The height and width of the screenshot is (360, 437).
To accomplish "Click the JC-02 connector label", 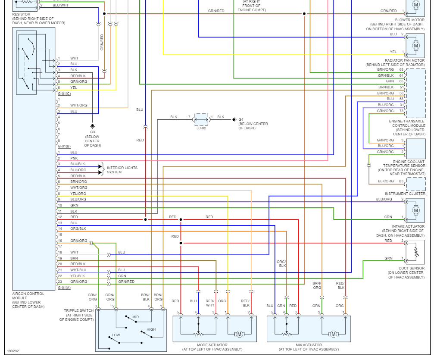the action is tap(201, 128).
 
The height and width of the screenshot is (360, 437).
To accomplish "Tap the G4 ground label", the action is tap(241, 119).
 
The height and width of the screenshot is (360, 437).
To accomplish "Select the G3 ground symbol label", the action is tap(93, 132).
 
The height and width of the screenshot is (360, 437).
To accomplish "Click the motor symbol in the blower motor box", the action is tap(416, 5).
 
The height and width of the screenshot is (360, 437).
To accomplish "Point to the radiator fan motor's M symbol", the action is tap(416, 46).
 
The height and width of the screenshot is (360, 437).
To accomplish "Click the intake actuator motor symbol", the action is tap(416, 210).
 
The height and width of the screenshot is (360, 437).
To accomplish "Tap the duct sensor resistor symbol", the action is tap(416, 252).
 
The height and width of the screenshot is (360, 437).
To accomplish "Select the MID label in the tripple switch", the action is tap(135, 317).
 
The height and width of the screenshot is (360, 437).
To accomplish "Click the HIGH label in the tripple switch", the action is tap(151, 329).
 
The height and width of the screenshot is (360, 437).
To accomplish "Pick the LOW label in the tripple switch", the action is tap(116, 335).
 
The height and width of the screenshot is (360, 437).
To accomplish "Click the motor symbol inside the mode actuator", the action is tap(239, 334).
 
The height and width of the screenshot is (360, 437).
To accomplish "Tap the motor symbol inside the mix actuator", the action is tap(333, 334).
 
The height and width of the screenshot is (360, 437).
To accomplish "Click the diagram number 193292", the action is tap(13, 351).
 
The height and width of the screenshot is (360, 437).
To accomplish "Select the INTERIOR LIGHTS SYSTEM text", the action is tap(122, 170).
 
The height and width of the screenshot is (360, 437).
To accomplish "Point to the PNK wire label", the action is tap(74, 158).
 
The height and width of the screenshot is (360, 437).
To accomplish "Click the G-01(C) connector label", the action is tap(64, 94).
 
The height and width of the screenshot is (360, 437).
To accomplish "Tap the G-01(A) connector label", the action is tap(64, 288).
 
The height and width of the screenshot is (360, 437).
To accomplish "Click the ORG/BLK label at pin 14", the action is tap(78, 229).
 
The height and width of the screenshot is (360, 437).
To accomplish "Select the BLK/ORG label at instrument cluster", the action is tap(386, 181).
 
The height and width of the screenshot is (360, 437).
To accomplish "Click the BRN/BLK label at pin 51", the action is tap(386, 87).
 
